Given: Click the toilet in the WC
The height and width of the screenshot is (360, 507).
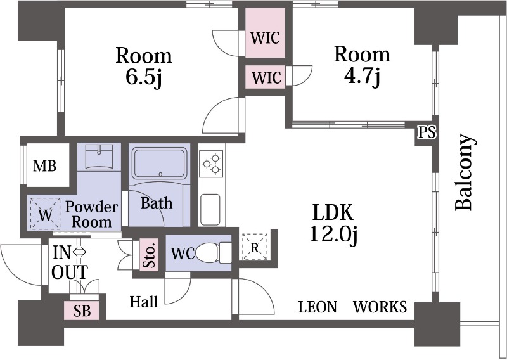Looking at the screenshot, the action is pyautogui.click(x=214, y=253).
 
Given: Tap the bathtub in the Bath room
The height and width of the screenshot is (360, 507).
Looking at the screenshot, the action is pyautogui.click(x=160, y=164).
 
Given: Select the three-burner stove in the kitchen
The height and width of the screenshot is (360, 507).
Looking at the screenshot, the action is pyautogui.click(x=211, y=164).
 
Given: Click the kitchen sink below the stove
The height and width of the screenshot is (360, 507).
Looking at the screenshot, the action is pyautogui.click(x=210, y=209).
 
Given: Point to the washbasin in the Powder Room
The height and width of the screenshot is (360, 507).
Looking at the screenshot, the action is pyautogui.click(x=99, y=157).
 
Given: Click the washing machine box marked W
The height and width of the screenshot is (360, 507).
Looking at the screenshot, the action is pyautogui.click(x=45, y=214).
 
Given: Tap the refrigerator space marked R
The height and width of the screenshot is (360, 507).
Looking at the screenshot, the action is pyautogui.click(x=255, y=247).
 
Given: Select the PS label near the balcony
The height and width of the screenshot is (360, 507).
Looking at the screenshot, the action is pyautogui.click(x=427, y=132).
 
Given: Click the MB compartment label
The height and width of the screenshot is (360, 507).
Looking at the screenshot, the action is pyautogui.click(x=44, y=166).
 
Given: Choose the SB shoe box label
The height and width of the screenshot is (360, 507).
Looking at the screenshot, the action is pyautogui.click(x=82, y=311).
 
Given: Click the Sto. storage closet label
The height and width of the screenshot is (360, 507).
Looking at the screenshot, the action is pyautogui.click(x=150, y=255).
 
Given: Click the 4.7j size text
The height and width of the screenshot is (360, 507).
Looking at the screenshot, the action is pyautogui.click(x=361, y=77).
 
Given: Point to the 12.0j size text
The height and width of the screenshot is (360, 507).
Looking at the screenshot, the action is pyautogui.click(x=333, y=233).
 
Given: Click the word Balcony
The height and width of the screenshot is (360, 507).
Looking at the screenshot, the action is pyautogui.click(x=465, y=173).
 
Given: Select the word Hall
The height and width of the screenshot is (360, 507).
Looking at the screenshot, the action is pyautogui.click(x=144, y=302).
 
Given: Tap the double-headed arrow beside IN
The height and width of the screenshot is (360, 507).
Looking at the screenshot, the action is pyautogui.click(x=79, y=252).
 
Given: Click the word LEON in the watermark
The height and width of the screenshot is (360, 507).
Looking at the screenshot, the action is pyautogui.click(x=318, y=307).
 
